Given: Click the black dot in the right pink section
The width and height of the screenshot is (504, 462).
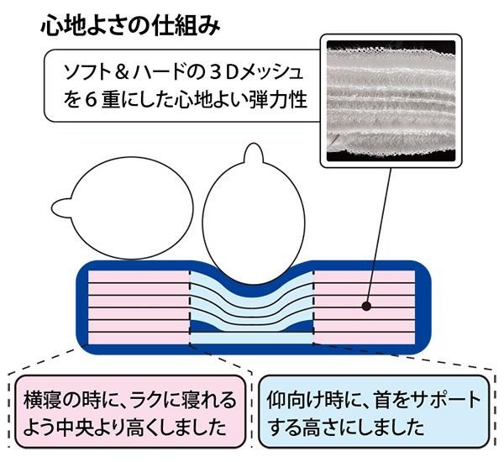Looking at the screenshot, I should pyautogui.click(x=366, y=307).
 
